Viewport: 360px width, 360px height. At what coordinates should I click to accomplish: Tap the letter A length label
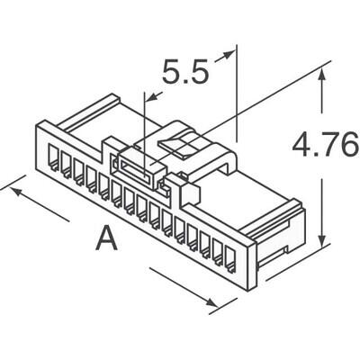coord(106,238)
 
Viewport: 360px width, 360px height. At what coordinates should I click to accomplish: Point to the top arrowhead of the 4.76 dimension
coord(322,73)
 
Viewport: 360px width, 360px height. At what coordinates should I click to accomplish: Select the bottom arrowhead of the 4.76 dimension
coord(322,241)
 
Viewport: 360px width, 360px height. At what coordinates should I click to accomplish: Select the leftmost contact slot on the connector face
coord(53,160)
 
